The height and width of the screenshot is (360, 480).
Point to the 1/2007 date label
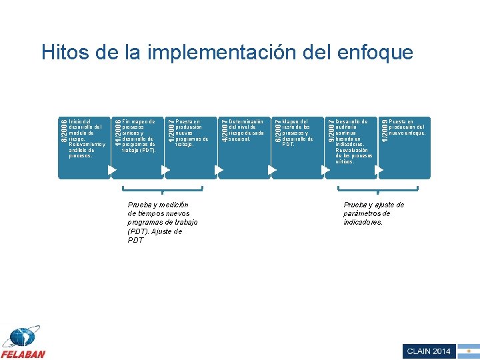click(171, 129)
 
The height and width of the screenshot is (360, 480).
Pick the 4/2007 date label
click(224, 129)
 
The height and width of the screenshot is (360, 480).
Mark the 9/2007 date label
click(331, 129)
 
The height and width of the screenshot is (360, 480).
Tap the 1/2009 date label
click(384, 129)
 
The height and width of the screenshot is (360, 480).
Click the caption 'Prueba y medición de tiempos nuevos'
click(162, 223)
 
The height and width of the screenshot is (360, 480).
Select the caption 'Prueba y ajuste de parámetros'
click(373, 213)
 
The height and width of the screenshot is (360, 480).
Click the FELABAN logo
click(23, 343)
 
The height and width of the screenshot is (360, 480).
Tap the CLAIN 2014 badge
click(428, 351)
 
